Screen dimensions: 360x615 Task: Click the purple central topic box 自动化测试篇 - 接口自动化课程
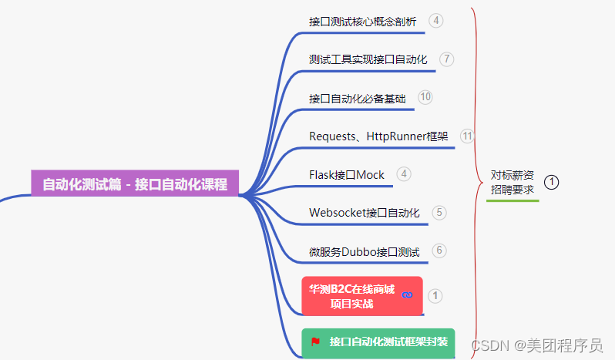135,184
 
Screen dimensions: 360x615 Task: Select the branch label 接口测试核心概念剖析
362,22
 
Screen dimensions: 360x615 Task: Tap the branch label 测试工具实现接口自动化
368,59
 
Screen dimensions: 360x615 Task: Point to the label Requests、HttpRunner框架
378,136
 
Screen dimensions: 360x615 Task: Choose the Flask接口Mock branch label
347,175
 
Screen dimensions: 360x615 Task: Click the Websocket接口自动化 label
365,213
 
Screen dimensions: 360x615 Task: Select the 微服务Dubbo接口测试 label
365,251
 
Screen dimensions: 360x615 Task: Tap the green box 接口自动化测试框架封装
378,341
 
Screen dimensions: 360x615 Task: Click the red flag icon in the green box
315,341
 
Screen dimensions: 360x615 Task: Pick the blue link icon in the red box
408,294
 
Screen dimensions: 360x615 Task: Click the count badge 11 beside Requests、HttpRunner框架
467,136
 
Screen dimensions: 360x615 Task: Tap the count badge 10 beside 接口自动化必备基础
425,97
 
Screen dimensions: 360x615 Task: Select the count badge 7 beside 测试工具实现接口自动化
447,59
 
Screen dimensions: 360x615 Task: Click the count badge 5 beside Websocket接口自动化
439,212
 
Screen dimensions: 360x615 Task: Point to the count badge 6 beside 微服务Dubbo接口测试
439,251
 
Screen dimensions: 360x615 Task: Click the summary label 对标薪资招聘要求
512,182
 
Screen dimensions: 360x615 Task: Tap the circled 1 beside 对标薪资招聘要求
551,182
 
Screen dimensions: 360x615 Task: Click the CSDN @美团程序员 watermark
537,345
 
